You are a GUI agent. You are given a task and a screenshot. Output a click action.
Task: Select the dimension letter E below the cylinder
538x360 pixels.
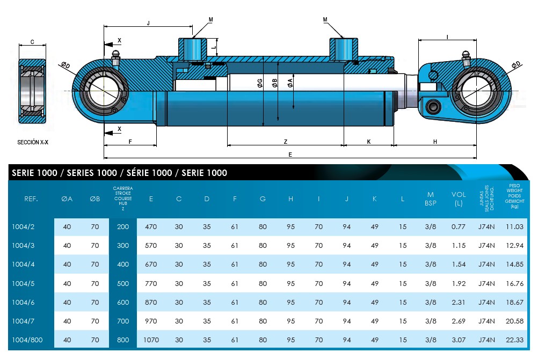coord(290,155)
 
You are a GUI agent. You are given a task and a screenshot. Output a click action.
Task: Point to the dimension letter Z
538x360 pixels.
coord(286,142)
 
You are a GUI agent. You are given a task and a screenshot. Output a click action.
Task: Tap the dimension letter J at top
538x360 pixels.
coord(148,23)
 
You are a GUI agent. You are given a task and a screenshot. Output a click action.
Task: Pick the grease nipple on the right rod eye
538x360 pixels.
coord(466,57)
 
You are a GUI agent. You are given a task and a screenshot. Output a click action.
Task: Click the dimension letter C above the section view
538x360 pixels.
coord(32,41)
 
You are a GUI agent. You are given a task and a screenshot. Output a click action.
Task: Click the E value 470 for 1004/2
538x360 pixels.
coord(151,227)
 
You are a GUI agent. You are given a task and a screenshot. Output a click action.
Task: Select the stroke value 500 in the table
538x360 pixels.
coord(123,283)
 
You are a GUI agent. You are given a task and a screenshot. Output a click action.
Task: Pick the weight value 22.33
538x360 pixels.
coord(514,340)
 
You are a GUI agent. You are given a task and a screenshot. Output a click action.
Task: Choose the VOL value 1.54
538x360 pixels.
coord(458,265)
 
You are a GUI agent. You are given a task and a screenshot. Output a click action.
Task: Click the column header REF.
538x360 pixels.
coord(31,199)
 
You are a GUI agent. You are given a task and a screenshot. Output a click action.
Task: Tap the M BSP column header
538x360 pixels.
coord(430,199)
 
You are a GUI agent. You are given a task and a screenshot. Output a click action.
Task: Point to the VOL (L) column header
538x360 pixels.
coord(458,199)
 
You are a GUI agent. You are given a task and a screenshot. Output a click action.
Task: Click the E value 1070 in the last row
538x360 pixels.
coord(151,340)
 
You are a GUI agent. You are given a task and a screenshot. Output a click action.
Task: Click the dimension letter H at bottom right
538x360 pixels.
coord(435,142)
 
